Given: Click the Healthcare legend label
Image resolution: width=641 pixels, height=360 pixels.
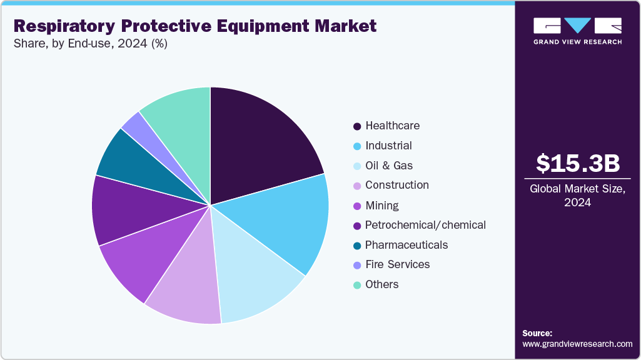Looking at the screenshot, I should coord(392,126).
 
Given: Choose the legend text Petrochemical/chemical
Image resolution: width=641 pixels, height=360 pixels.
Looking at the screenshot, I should coord(425,225).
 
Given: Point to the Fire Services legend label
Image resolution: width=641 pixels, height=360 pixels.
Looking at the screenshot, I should coord(397,264).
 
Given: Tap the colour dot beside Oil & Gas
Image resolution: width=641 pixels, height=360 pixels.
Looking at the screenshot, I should coord(357,166).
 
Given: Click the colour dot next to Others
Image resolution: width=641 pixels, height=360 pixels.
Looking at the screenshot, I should coord(357,285).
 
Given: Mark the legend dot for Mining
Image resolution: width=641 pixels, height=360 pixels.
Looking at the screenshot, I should coord(357,206).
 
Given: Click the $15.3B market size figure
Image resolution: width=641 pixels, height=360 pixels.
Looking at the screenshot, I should coord(578,163).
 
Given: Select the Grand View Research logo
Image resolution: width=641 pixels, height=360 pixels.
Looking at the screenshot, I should coord(578,31).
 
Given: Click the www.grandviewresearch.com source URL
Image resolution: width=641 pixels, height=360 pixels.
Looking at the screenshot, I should coord(577,344).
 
